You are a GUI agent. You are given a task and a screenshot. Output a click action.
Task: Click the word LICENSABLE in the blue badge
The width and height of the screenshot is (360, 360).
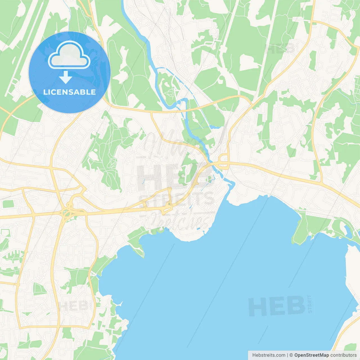pyautogui.click(x=69, y=92)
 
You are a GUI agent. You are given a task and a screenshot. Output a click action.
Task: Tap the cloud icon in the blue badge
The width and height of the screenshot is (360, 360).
pyautogui.click(x=69, y=55)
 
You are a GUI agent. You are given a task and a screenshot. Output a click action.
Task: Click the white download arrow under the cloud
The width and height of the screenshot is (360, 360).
pyautogui.click(x=66, y=77)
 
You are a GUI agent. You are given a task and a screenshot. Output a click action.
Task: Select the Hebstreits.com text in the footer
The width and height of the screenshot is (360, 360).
pyautogui.click(x=269, y=355)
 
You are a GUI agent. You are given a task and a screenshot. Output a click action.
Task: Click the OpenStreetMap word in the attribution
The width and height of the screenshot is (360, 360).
pyautogui.click(x=312, y=355)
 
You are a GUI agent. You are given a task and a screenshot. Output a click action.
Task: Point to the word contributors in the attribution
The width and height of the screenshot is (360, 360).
pyautogui.click(x=343, y=355)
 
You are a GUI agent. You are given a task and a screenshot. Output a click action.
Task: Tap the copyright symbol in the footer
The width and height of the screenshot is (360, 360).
pyautogui.click(x=291, y=355)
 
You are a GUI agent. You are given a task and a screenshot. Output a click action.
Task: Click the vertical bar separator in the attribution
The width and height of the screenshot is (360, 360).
pyautogui.click(x=287, y=355)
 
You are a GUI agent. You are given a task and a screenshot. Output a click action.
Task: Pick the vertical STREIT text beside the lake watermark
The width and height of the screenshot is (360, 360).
pyautogui.click(x=310, y=304)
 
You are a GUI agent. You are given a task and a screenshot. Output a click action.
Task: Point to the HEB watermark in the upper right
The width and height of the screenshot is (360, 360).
pyautogui.click(x=280, y=48)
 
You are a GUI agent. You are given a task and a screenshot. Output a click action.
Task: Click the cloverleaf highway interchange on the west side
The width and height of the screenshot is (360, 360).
pyautogui.click(x=67, y=211)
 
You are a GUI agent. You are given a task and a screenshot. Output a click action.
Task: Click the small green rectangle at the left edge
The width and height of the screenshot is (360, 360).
pyautogui.click(x=8, y=204)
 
